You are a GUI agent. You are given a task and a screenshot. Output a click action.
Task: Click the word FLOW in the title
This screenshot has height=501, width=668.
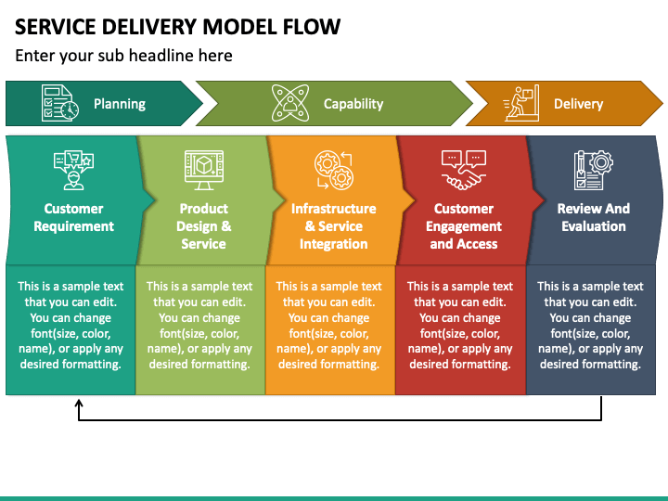point(312,27)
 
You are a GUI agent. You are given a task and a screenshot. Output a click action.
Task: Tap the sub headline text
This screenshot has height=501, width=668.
point(123,56)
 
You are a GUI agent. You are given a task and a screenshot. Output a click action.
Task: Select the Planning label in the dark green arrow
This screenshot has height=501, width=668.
point(120,104)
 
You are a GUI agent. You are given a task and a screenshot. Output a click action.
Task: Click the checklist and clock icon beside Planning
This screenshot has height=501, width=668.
point(60,103)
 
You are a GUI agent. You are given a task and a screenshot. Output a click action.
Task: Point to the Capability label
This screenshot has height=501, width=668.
point(353,104)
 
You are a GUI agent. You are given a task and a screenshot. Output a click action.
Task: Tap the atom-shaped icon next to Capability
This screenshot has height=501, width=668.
point(290,103)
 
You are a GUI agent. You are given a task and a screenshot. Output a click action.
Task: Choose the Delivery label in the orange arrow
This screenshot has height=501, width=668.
point(579,104)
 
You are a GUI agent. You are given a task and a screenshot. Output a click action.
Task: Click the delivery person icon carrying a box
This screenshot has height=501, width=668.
point(521,103)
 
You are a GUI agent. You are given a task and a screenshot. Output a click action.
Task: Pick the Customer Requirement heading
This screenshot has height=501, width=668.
point(73,217)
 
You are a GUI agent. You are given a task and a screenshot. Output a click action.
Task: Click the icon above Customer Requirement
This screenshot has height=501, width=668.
point(73,170)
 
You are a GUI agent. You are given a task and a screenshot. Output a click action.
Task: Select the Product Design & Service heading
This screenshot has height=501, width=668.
point(203,225)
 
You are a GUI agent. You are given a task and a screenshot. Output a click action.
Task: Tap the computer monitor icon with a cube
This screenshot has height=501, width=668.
point(204,170)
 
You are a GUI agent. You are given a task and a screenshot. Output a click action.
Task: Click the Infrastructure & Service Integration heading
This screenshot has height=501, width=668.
point(334,225)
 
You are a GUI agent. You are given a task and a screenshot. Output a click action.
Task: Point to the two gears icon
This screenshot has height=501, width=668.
point(334,170)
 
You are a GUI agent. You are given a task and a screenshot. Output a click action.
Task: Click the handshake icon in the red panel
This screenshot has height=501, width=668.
point(464,170)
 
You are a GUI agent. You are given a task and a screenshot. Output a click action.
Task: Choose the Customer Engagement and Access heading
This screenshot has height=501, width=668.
point(464,225)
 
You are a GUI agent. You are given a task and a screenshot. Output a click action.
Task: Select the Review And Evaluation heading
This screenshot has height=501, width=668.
point(594,217)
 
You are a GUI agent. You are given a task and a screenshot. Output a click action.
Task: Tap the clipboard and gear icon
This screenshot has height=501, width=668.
point(594,170)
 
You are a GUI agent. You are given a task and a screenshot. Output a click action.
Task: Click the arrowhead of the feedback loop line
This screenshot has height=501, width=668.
point(79,403)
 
